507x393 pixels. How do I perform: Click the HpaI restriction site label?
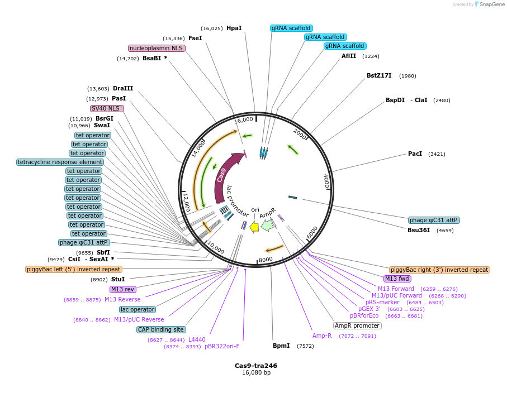(x=234, y=28)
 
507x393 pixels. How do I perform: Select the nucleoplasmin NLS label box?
(x=157, y=48)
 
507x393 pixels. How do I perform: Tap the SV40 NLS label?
(x=106, y=108)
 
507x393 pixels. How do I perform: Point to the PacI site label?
(x=415, y=154)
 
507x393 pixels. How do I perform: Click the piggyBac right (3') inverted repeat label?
(x=439, y=270)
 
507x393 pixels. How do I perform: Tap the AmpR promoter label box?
(x=357, y=325)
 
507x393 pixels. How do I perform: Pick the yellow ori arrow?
(x=254, y=227)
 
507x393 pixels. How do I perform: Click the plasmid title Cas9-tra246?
(x=255, y=366)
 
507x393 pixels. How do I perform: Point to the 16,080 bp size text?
(x=255, y=372)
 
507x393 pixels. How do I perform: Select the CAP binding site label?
(x=161, y=329)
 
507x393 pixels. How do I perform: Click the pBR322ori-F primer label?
(x=221, y=346)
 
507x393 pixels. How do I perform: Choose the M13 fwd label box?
(x=397, y=279)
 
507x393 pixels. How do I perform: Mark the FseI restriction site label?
(x=195, y=38)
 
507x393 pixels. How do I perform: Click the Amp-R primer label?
(x=322, y=336)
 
